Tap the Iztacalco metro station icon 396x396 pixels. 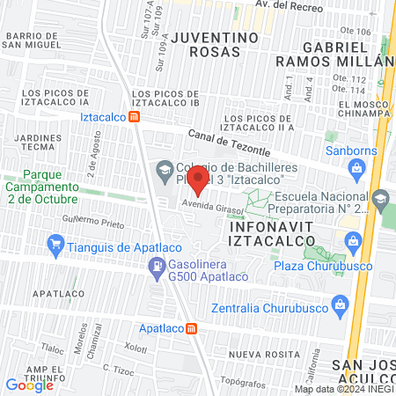click(134, 116)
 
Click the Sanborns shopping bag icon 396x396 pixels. click(356, 167)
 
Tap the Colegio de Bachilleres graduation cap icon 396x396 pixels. click(164, 168)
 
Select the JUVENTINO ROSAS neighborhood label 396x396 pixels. click(216, 44)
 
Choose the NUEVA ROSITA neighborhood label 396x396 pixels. click(260, 354)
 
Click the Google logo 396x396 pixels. click(30, 384)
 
